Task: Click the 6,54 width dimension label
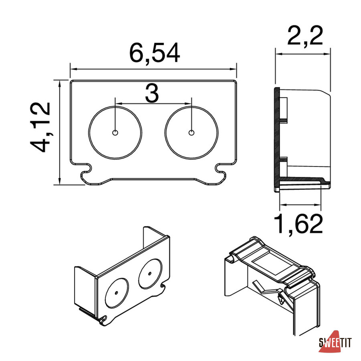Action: pos(154,53)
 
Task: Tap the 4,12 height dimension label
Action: pos(41,127)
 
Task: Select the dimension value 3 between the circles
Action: pos(152,93)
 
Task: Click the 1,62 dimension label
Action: pos(298,223)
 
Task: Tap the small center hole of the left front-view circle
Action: pos(115,133)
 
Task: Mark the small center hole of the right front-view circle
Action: pos(191,133)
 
